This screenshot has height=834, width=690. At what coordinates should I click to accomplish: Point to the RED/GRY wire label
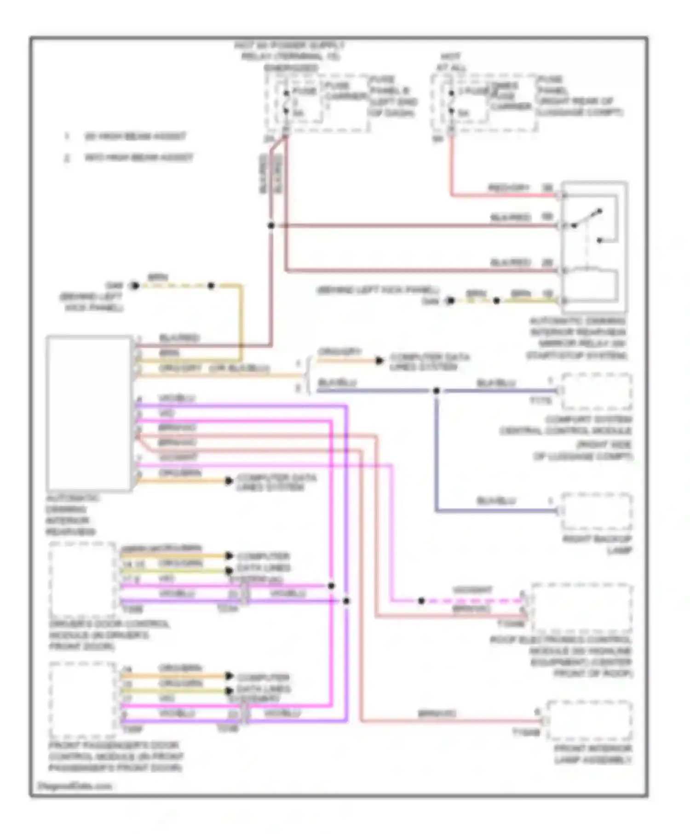coord(508,188)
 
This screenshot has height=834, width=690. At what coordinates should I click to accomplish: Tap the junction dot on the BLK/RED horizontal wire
coord(271,226)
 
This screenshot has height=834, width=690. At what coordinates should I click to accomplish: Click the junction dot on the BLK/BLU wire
coord(436,391)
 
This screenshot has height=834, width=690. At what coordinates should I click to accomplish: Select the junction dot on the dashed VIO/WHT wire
coord(421,601)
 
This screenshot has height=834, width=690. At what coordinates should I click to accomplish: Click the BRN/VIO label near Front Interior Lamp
coord(436,714)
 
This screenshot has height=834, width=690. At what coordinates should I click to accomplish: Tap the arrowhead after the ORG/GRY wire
coord(379,360)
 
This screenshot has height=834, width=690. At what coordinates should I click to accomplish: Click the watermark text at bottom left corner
coord(74,786)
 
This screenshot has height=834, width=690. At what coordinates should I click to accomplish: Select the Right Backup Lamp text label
coord(597,544)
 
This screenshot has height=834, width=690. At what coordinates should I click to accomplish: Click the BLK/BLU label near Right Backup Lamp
coord(496,501)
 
